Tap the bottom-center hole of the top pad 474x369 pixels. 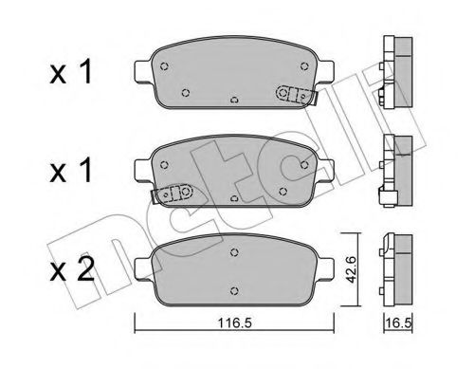click(x=234, y=98)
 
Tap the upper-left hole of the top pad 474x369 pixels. click(x=166, y=66)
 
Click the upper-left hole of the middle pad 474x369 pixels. click(x=166, y=162)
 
